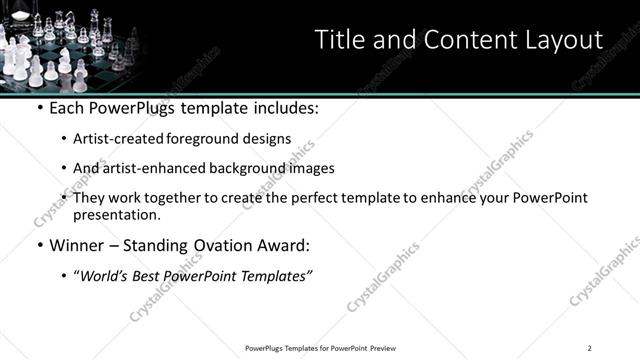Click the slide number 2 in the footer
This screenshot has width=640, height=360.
pos(590,347)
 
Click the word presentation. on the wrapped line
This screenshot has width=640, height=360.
pos(116,214)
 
